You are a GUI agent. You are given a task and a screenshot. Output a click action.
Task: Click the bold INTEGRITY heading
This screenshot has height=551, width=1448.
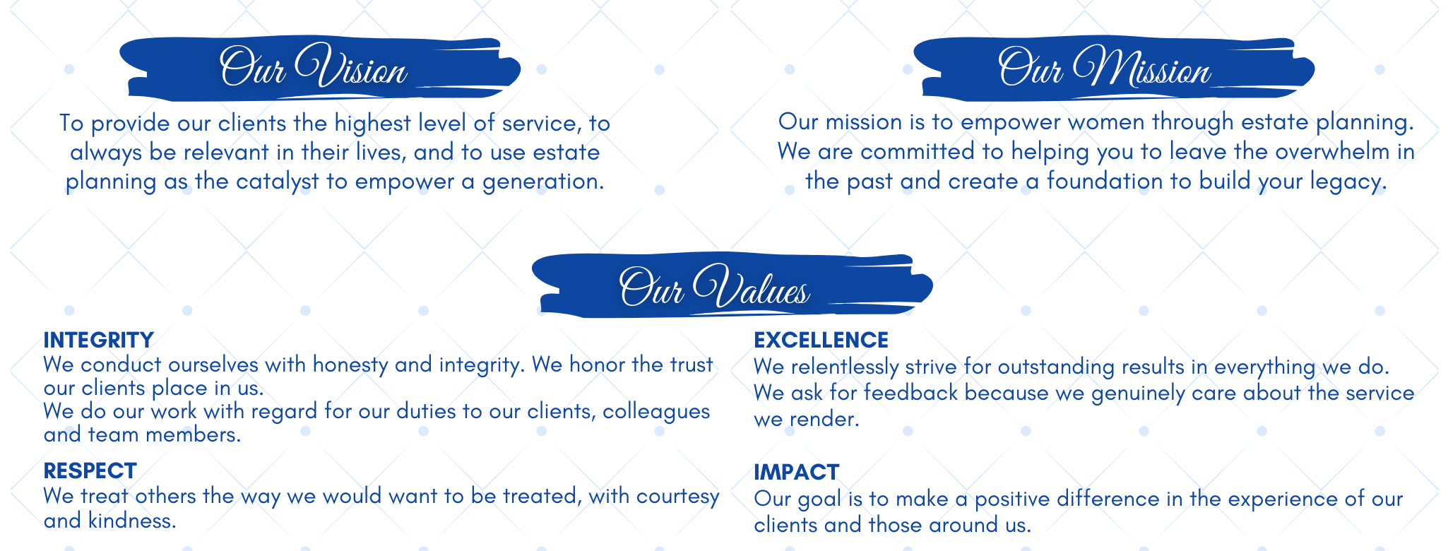point(98,340)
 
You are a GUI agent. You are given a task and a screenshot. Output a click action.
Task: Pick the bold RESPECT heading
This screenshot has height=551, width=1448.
point(90,471)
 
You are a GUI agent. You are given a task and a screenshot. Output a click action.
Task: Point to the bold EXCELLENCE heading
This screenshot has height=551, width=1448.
point(821,340)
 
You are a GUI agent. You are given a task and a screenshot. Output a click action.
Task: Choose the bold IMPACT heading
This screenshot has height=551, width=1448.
point(796,472)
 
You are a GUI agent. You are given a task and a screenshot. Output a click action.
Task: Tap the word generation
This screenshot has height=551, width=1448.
point(543,182)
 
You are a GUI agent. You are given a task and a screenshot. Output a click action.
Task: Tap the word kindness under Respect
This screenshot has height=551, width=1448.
point(132,521)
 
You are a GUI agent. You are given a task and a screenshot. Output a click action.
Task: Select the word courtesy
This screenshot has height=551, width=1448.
point(678,497)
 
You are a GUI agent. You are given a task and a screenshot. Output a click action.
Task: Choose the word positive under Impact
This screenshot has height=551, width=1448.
point(1012,499)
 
